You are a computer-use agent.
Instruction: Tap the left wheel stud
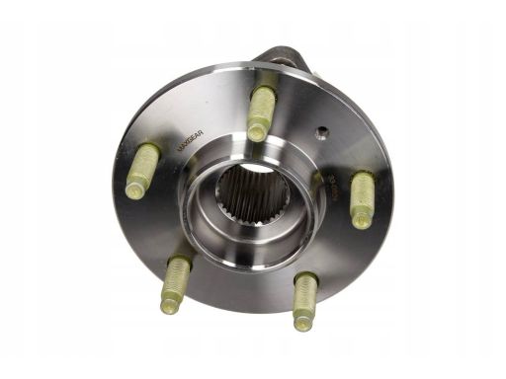click(x=143, y=170)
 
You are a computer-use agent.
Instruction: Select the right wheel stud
click(x=362, y=198)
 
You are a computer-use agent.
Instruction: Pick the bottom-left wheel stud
click(x=176, y=282)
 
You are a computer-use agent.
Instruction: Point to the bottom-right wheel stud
click(x=304, y=299)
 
